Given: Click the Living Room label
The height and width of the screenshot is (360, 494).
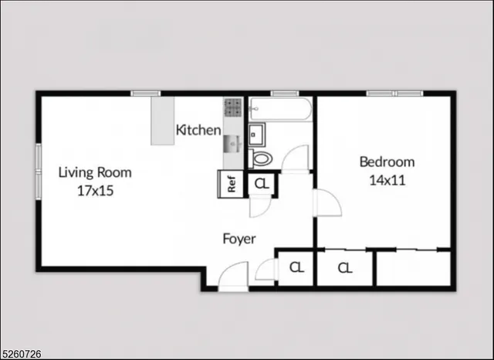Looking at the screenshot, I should click(95, 172).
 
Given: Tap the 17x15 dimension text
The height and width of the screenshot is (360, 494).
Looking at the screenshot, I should click(95, 190).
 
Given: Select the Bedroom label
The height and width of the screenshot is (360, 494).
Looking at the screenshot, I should click(387, 162).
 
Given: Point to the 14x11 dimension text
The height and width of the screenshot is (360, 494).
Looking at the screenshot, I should click(387, 180).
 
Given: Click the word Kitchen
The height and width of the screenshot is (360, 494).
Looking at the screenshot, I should click(198, 130).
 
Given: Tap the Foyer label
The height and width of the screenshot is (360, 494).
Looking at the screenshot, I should click(239, 239).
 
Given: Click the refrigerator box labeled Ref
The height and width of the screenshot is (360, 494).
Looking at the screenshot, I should click(230, 184).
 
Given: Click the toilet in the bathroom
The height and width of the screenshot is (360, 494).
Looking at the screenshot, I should click(262, 159).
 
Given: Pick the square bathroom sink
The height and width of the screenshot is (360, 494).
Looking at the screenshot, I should click(256, 134).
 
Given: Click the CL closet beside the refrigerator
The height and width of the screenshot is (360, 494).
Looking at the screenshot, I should click(262, 184).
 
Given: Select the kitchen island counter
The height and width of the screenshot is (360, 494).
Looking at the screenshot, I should click(161, 120).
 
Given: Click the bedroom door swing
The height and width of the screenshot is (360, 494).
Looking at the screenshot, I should click(327, 202).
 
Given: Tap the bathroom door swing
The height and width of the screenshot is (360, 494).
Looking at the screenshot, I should click(295, 158).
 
